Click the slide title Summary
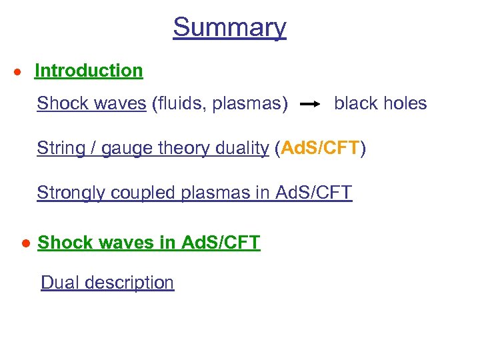point(229,27)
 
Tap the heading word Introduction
point(89,71)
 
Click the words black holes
point(380,103)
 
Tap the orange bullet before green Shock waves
point(24,243)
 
